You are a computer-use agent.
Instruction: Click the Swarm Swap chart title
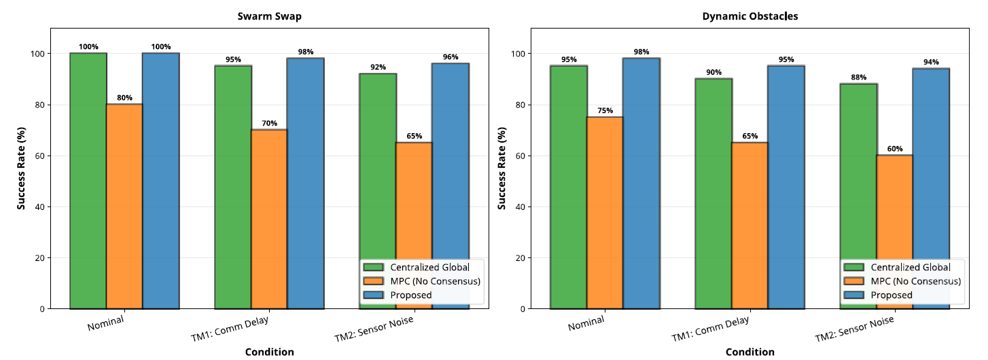click(x=269, y=16)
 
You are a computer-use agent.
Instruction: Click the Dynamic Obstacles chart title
click(x=749, y=16)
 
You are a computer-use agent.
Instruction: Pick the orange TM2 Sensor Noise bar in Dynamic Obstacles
click(x=895, y=232)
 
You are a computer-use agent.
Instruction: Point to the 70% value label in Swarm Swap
click(x=269, y=124)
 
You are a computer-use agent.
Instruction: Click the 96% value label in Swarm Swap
click(x=450, y=57)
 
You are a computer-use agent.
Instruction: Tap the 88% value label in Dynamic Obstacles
click(x=858, y=77)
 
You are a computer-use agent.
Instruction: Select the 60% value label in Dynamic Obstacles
click(x=895, y=149)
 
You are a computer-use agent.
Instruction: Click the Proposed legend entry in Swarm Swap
click(x=411, y=295)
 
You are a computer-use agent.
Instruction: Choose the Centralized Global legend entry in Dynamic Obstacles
click(x=911, y=267)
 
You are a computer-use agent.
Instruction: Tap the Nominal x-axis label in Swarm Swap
click(x=105, y=324)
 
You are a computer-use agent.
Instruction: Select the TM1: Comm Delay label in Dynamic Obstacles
click(x=710, y=329)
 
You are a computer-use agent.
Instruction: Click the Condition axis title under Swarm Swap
click(x=269, y=352)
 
